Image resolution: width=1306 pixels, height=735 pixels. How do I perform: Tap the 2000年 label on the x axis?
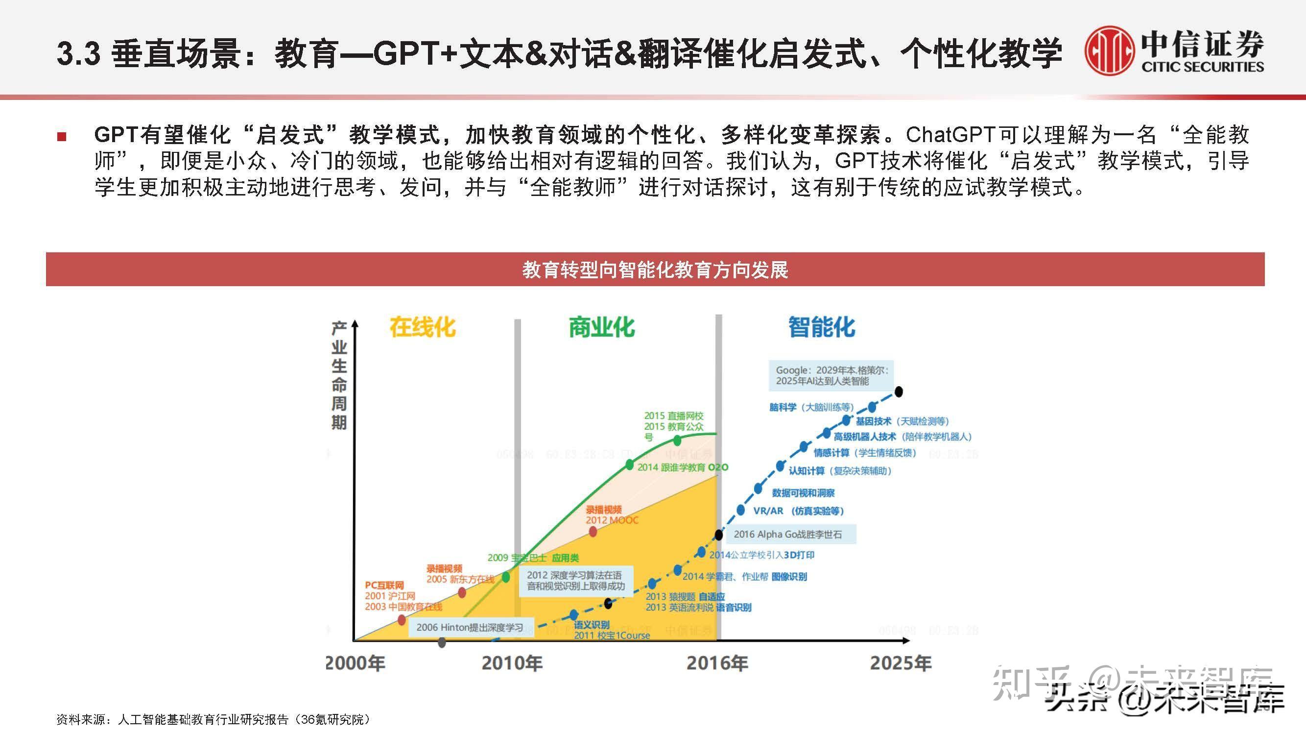pos(355,663)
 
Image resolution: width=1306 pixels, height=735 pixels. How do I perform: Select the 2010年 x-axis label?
pos(512,663)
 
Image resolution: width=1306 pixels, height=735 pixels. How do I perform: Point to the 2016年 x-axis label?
pos(717,663)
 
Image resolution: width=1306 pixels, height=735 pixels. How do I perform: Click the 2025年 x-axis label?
pos(901,663)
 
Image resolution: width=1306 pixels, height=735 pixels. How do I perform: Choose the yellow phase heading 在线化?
pos(422,327)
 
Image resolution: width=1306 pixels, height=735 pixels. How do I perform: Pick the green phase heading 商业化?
pos(602,327)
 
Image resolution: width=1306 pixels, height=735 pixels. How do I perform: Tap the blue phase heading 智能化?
pos(821,327)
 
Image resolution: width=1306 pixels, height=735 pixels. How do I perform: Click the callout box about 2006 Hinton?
pos(470,628)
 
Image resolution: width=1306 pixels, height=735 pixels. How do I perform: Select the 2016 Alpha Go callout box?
pos(788,534)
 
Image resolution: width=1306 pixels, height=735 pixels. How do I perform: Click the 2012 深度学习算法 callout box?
pos(575,580)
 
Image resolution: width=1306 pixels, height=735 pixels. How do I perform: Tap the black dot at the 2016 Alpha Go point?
pos(719,534)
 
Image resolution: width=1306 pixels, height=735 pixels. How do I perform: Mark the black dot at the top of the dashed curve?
pos(899,392)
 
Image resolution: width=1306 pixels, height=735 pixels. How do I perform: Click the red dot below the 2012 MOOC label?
pos(593,532)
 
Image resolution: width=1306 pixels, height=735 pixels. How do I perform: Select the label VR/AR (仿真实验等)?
pos(799,511)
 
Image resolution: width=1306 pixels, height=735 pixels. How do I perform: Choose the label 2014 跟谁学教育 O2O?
pos(683,467)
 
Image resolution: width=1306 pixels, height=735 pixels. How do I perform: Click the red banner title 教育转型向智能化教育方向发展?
pos(655,269)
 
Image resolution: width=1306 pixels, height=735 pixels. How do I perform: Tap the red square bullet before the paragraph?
pos(62,136)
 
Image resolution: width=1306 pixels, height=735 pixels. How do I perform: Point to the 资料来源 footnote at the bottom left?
pos(213,719)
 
